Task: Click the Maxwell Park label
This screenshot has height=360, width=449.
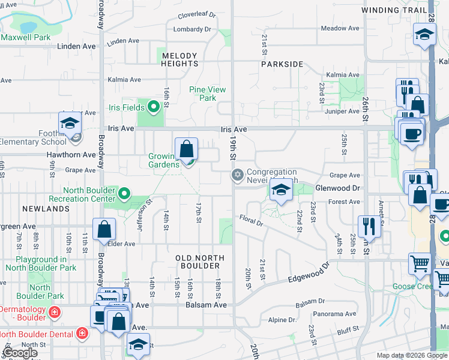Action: tap(25, 37)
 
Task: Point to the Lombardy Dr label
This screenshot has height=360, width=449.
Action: tap(192, 29)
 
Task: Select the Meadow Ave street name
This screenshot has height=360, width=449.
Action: tap(340, 28)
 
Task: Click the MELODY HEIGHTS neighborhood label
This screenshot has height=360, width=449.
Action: tap(180, 59)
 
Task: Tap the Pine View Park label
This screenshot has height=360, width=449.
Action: tap(208, 94)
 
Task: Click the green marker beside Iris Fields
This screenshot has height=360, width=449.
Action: tap(154, 107)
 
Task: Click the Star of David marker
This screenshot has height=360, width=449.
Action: tap(237, 175)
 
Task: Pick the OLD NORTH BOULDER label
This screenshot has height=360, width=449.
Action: tap(200, 262)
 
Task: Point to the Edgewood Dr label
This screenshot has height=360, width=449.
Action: tap(309, 273)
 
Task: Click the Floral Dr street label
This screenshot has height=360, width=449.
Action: tap(252, 220)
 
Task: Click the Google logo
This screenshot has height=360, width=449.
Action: tap(20, 352)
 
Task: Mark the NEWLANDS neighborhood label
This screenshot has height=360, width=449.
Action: tap(46, 209)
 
